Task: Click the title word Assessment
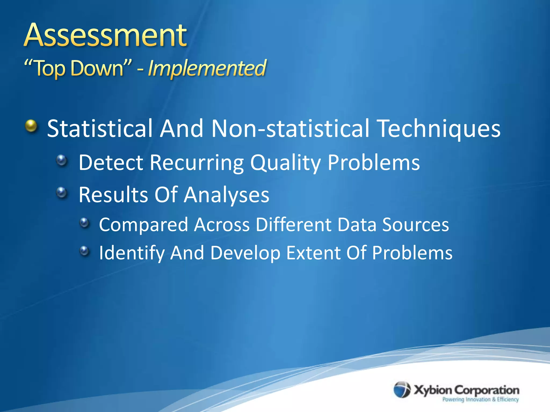click(x=105, y=35)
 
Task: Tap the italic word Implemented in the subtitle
click(x=207, y=68)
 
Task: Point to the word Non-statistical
click(x=290, y=129)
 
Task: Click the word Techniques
click(x=439, y=129)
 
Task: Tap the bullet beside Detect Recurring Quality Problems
click(x=62, y=160)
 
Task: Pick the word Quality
click(x=285, y=163)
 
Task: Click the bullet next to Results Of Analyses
click(x=62, y=192)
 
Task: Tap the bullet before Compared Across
click(x=84, y=222)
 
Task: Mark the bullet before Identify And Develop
click(x=84, y=251)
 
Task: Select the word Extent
click(x=313, y=253)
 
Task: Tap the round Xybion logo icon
click(x=402, y=390)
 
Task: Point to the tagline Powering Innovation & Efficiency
click(x=480, y=400)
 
